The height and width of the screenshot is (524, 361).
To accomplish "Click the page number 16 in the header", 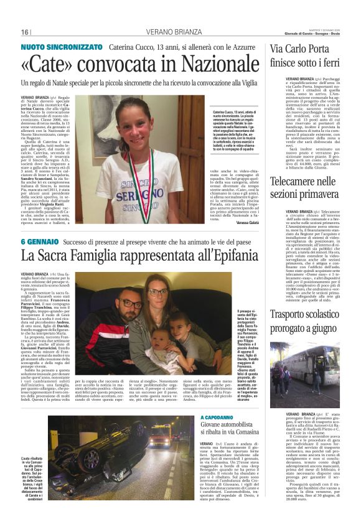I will coord(25,32).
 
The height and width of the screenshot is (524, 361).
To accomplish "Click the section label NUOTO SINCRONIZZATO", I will coord(62,47).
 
